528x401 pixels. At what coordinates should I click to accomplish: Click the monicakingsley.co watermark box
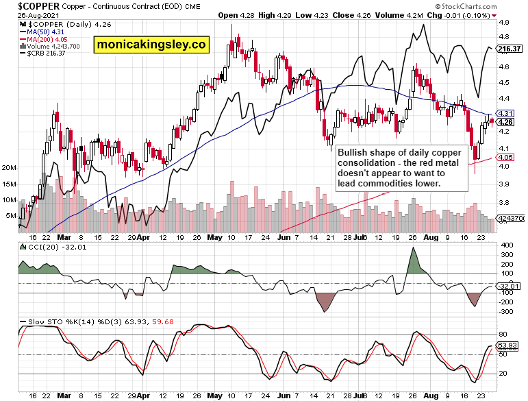click(x=151, y=45)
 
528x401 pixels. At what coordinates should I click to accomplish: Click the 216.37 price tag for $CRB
click(x=511, y=48)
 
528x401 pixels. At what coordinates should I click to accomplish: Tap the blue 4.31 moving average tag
click(x=506, y=112)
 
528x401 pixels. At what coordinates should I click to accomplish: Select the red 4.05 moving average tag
click(x=506, y=158)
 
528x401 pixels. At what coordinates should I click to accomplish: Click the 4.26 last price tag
click(x=506, y=122)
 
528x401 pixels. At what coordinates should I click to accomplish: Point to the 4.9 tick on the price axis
click(x=503, y=23)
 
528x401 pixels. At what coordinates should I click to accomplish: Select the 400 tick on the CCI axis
click(x=505, y=245)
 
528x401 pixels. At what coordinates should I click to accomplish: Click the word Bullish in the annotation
click(x=355, y=151)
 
